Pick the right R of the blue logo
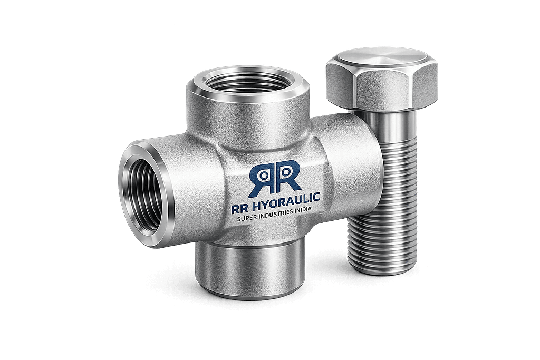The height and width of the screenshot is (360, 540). tap(288, 176)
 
